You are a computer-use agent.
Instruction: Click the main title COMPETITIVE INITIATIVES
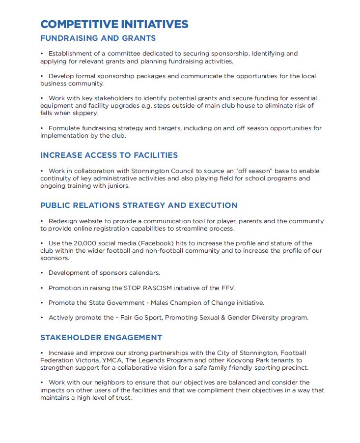tap(114, 25)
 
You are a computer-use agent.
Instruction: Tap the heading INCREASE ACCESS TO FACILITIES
tap(109, 155)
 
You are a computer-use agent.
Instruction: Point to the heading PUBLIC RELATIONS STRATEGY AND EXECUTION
tap(138, 206)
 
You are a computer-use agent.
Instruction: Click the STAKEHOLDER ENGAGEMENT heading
tap(101, 338)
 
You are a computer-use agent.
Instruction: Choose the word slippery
tap(83, 113)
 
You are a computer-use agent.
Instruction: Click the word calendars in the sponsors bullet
tap(143, 273)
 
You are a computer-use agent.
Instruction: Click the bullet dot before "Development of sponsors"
tap(42, 273)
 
